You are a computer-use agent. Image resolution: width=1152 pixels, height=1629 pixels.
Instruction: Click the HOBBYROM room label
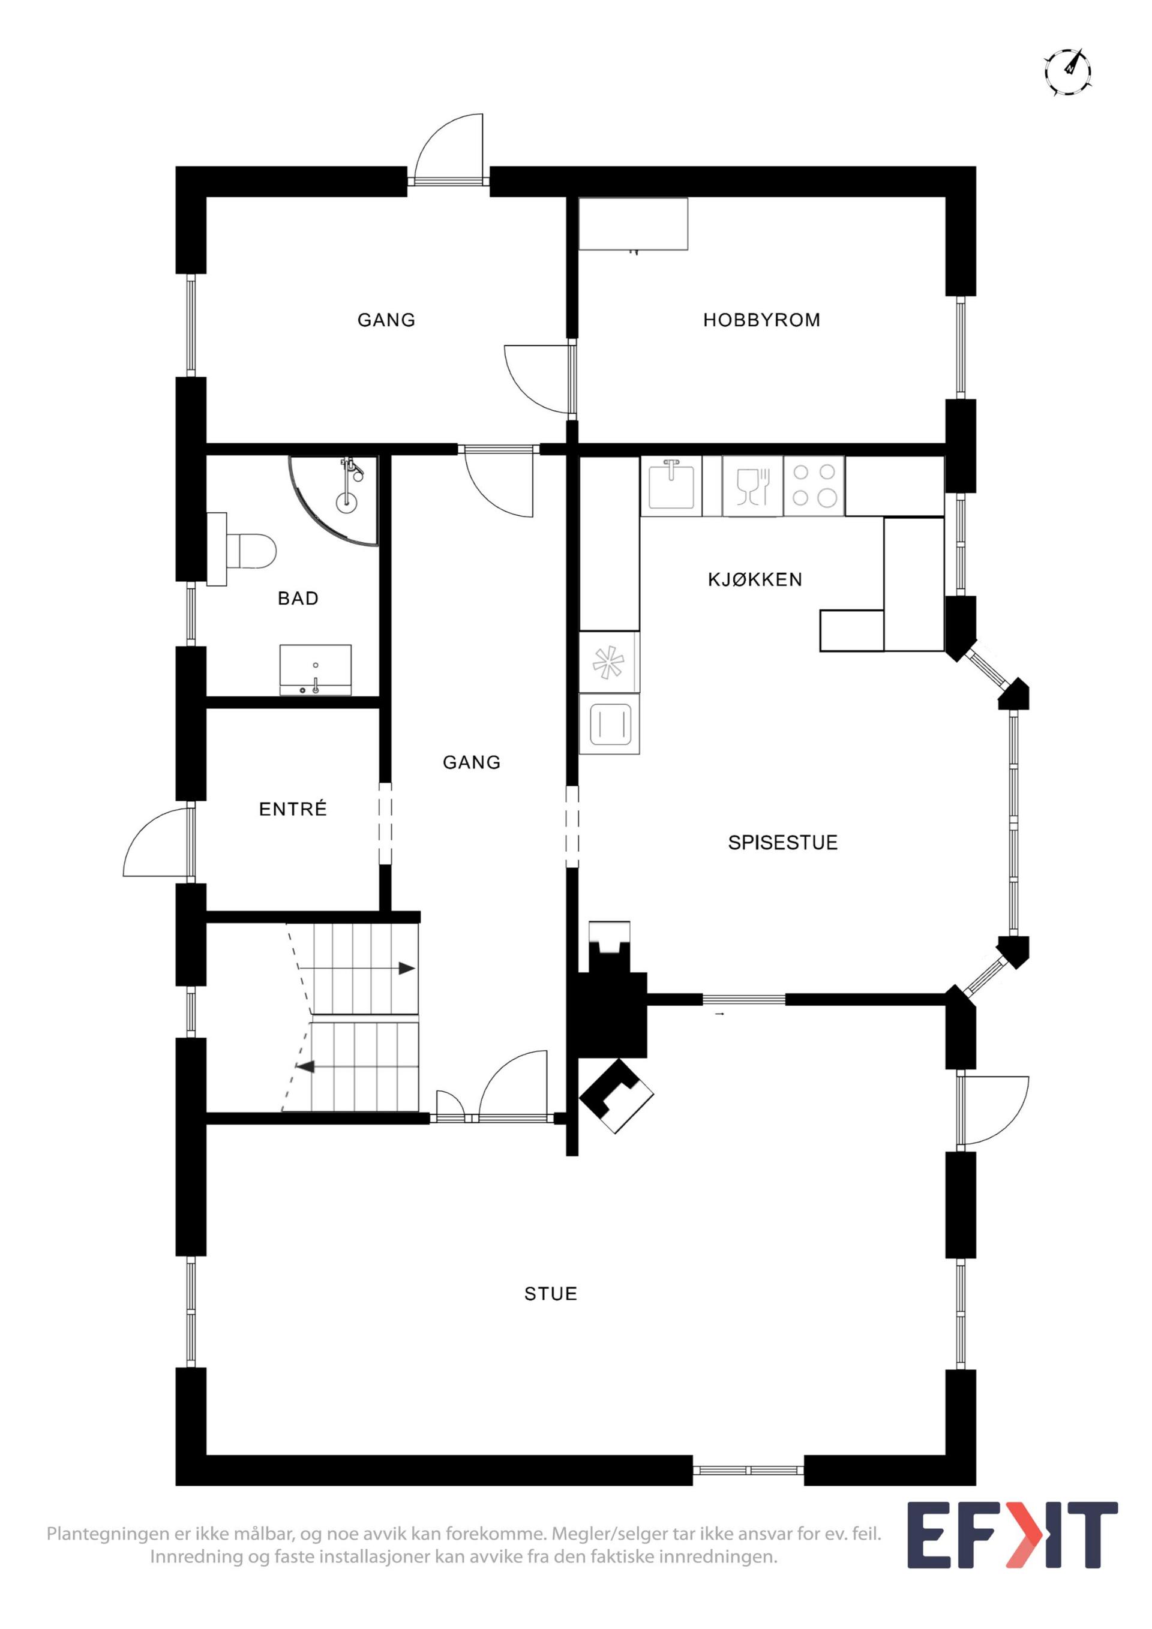[761, 320]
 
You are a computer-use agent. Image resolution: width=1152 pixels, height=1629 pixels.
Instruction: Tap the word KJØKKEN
[755, 579]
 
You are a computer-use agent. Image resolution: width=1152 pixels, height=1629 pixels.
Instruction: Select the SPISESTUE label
[783, 842]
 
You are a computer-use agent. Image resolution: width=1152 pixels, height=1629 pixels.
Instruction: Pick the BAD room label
[298, 598]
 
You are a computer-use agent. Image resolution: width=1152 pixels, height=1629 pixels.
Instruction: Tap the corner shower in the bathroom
[334, 500]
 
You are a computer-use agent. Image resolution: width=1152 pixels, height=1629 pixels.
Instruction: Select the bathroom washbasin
[315, 671]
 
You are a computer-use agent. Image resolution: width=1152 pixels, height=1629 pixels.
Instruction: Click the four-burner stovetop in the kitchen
[814, 485]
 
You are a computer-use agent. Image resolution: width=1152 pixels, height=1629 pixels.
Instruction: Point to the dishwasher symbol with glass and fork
[753, 486]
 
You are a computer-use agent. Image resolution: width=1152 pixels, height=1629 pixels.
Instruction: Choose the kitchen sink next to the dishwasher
[671, 485]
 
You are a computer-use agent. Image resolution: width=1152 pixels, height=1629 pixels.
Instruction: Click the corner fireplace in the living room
[616, 1097]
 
